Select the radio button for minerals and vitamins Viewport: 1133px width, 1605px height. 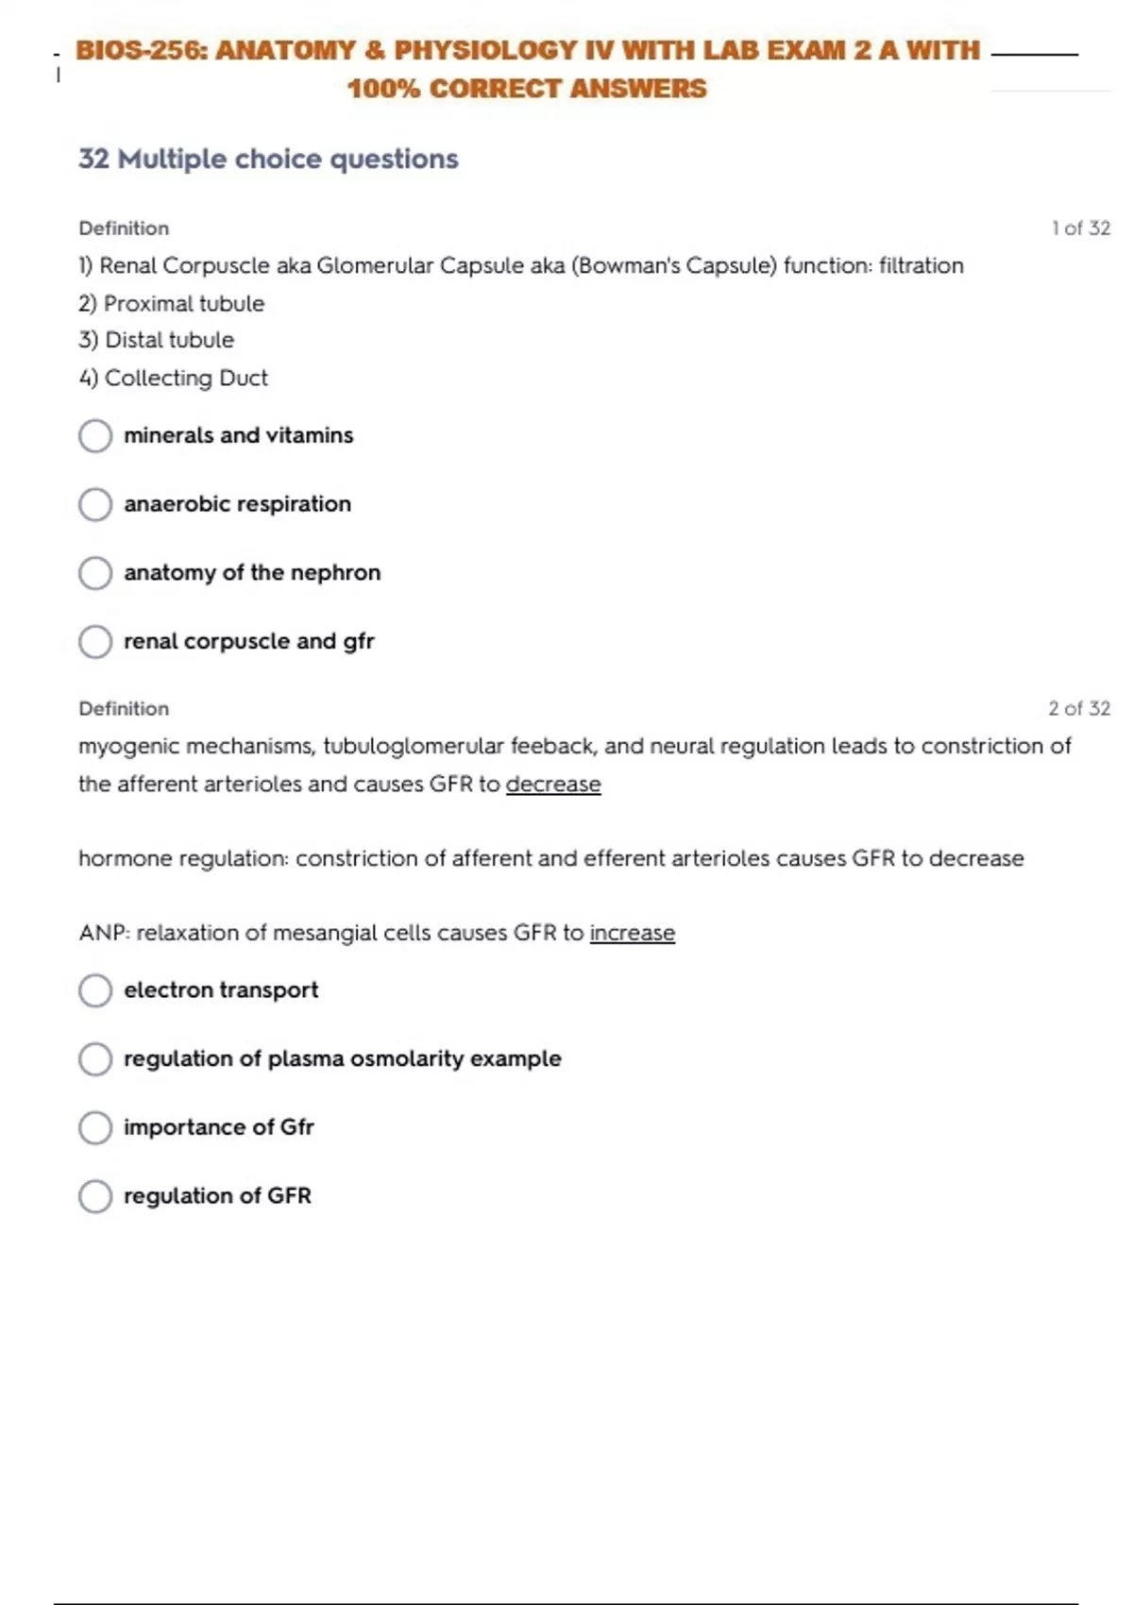click(95, 436)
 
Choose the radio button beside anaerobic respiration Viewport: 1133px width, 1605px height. click(95, 504)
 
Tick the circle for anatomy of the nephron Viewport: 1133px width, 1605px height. click(95, 573)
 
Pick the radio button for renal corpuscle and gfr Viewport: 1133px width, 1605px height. click(95, 642)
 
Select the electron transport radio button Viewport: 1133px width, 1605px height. click(95, 990)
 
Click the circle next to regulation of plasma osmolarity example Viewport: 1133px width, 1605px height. click(95, 1059)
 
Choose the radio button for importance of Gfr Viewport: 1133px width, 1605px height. click(95, 1127)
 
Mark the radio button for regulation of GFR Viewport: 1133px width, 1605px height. click(95, 1196)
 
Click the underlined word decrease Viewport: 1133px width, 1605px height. click(553, 785)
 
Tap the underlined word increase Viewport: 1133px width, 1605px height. click(632, 933)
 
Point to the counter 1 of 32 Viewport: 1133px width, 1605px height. click(1080, 228)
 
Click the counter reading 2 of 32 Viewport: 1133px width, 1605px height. click(1079, 708)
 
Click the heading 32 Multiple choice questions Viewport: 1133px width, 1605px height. click(268, 159)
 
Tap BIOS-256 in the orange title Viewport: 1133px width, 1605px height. click(139, 50)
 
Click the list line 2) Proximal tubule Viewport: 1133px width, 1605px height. click(172, 304)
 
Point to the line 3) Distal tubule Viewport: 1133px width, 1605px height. click(157, 340)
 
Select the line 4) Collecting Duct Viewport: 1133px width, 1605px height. click(174, 378)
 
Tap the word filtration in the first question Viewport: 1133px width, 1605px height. click(921, 266)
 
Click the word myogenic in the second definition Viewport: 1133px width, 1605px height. click(127, 747)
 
